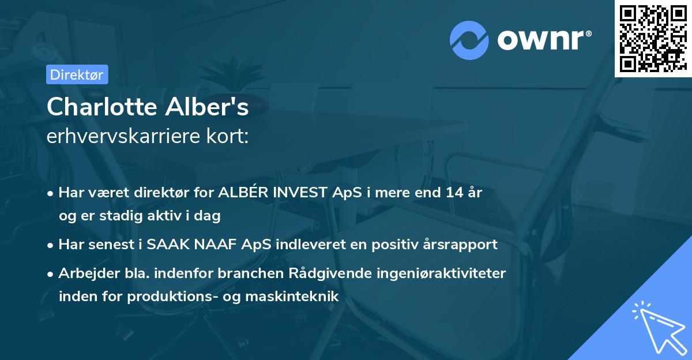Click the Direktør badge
tap(77, 74)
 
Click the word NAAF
tap(216, 244)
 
